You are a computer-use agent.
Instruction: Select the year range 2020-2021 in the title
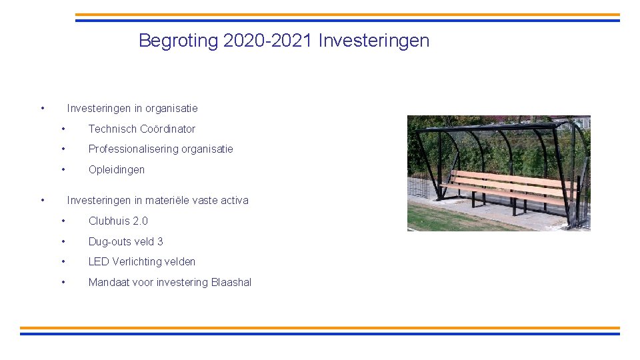click(x=269, y=41)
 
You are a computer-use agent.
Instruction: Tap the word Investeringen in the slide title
click(x=374, y=41)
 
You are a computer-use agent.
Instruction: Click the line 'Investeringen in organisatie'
click(x=132, y=108)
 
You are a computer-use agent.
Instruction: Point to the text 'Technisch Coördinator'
click(x=142, y=129)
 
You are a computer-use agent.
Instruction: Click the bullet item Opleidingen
click(x=117, y=169)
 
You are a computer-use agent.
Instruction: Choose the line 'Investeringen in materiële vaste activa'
click(x=157, y=200)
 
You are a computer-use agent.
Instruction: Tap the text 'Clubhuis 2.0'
click(x=118, y=221)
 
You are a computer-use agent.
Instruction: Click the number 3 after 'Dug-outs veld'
click(x=160, y=241)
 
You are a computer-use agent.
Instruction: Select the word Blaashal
click(x=231, y=282)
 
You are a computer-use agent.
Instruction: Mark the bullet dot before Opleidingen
click(x=63, y=169)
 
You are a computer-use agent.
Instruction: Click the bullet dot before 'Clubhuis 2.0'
click(x=63, y=221)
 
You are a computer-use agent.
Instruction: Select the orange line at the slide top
click(x=347, y=15)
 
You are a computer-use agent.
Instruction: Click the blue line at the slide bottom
click(x=320, y=333)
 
